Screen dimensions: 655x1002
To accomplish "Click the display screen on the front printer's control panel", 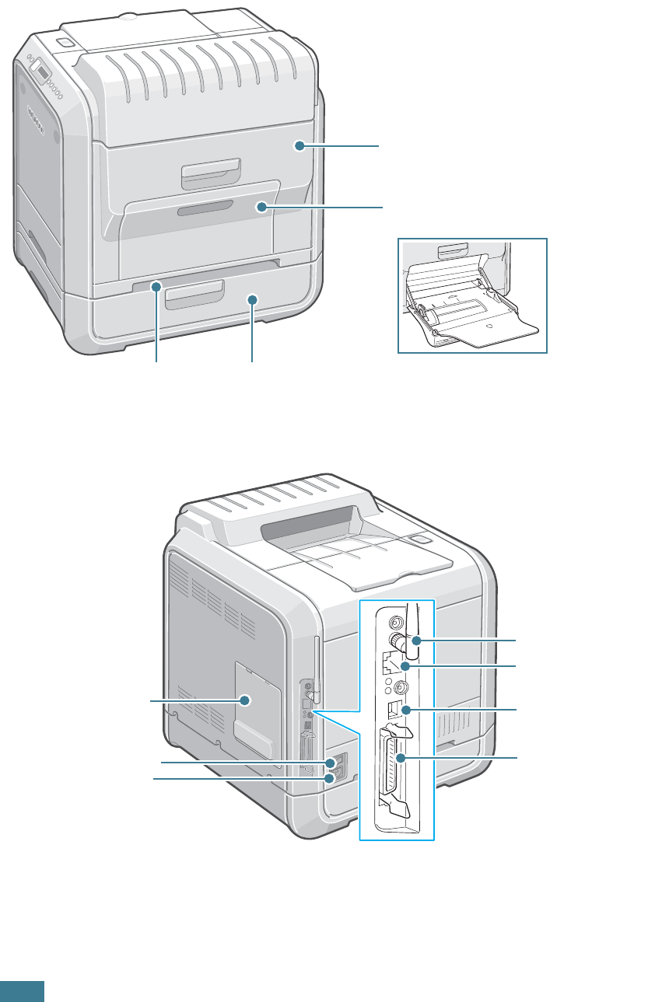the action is [x=40, y=69].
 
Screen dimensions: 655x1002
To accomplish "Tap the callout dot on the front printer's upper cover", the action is [x=299, y=145].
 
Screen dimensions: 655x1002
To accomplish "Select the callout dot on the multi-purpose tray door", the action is [x=262, y=207].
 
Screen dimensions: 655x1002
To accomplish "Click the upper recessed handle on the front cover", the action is [x=209, y=174].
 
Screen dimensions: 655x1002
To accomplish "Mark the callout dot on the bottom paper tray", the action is [x=251, y=298].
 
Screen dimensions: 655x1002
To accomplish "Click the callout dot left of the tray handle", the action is [x=156, y=287].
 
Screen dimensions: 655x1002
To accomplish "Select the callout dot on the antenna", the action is [x=417, y=640].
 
